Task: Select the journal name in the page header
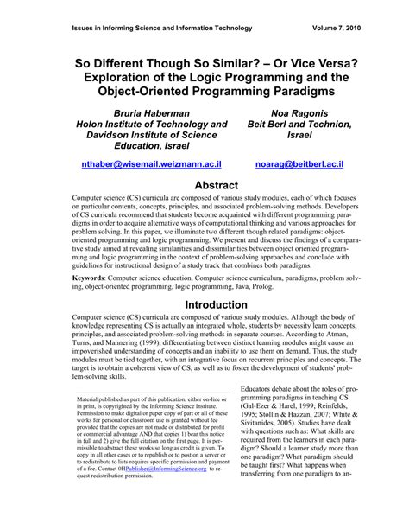coord(156,27)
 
